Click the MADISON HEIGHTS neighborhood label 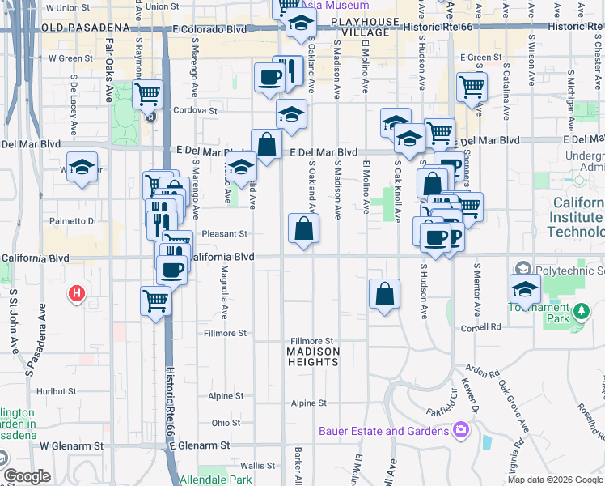pyautogui.click(x=313, y=356)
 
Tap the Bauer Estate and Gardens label pyautogui.click(x=383, y=431)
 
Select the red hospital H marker pyautogui.click(x=76, y=292)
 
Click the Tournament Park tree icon pyautogui.click(x=580, y=312)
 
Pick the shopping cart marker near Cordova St pyautogui.click(x=147, y=95)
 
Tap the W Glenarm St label pyautogui.click(x=71, y=446)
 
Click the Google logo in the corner pyautogui.click(x=27, y=476)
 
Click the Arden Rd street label pyautogui.click(x=483, y=373)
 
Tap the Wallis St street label pyautogui.click(x=259, y=466)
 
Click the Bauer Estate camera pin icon pyautogui.click(x=461, y=428)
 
